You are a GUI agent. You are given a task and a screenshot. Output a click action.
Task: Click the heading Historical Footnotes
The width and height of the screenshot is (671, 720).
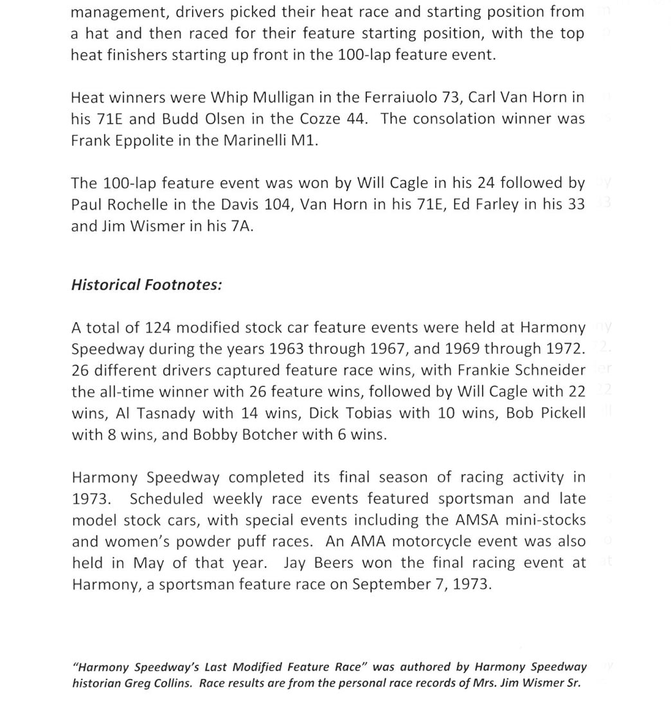point(147,285)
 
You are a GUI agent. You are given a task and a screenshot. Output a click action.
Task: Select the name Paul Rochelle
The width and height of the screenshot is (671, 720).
point(121,204)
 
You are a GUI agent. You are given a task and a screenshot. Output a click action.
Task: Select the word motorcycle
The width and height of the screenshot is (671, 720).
point(456,541)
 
